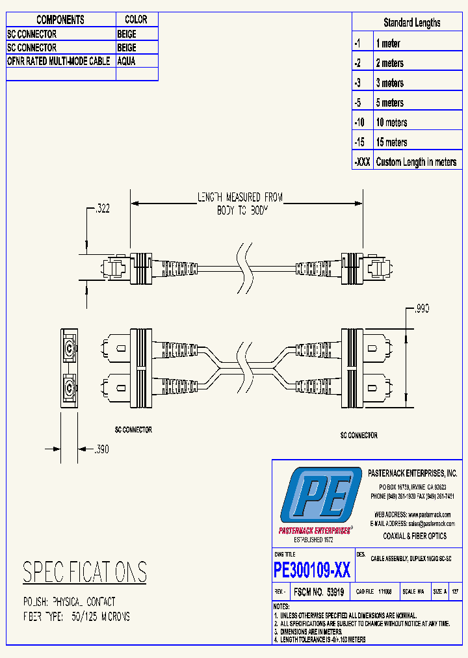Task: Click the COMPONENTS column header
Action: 60,20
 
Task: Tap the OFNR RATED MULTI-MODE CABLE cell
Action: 58,60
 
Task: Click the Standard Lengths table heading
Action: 411,23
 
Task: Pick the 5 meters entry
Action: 389,103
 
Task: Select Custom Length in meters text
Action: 416,162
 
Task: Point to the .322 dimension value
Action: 102,209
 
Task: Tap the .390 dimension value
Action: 102,449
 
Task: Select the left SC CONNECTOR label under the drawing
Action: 129,430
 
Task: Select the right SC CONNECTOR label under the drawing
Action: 359,435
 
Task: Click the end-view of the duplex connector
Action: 68,368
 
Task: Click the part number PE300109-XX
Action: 312,570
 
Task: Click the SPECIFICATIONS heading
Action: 84,572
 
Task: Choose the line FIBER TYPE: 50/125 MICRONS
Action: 76,616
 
